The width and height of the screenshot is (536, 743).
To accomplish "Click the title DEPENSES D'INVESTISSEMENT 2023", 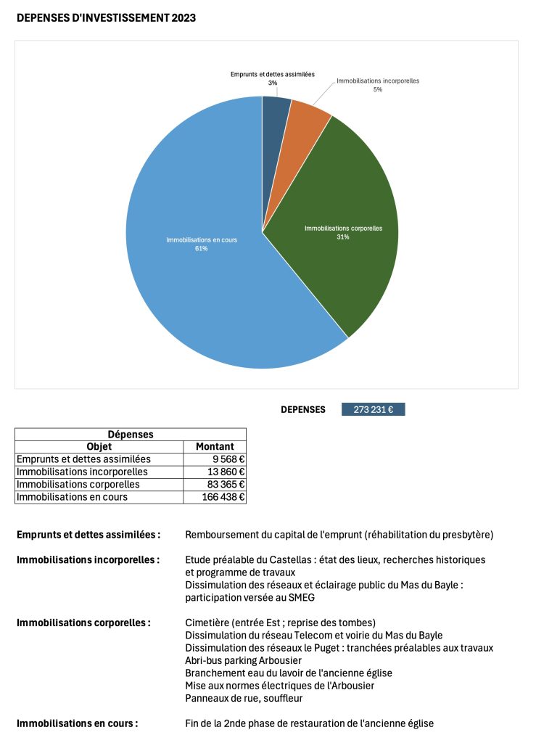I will pos(106,17).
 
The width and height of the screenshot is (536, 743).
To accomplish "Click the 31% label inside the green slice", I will pos(342,237).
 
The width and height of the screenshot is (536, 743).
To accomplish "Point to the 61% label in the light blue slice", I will pos(202,249).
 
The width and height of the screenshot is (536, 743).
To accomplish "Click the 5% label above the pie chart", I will pos(378,90).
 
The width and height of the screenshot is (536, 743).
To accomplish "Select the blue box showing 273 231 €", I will pos(373,410).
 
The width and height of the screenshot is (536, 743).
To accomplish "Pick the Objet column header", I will pos(99,447).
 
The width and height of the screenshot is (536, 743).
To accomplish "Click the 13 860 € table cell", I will pos(224,472).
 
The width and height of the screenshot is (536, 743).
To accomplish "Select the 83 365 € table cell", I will pos(224,485).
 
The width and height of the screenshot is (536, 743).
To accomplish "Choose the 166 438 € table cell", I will pos(222,497).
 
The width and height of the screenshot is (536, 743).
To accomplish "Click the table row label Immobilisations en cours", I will pos(72,497).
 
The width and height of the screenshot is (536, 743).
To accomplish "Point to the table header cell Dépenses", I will pos(131,435).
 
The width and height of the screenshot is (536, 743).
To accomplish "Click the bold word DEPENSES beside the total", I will pos(303,410).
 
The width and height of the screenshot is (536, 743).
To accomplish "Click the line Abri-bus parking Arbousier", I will pos(243,660).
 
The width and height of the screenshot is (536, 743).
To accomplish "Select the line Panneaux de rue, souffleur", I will pos(244,698).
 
